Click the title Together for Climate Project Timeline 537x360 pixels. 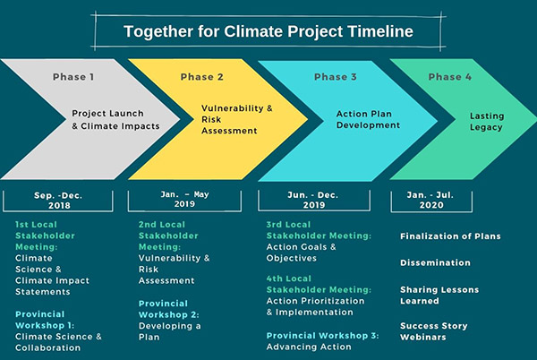pyautogui.click(x=268, y=31)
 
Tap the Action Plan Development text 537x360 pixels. pyautogui.click(x=365, y=120)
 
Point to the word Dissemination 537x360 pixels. pyautogui.click(x=435, y=262)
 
